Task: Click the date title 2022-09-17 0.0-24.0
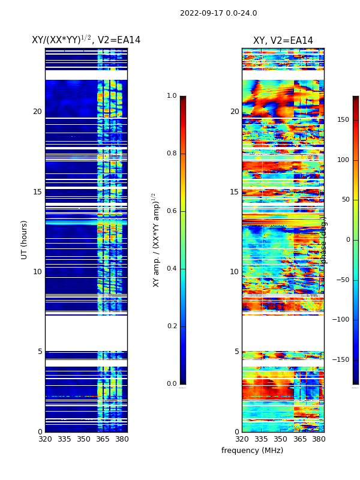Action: (218, 13)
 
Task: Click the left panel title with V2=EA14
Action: (86, 40)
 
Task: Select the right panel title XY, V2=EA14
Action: (283, 41)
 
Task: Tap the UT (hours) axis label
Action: (25, 239)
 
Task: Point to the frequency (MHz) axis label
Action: (252, 451)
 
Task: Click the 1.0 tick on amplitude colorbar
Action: (172, 96)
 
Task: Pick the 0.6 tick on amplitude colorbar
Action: (172, 211)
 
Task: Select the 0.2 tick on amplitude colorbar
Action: (172, 326)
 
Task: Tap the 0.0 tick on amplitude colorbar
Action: (172, 384)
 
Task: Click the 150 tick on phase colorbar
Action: (343, 120)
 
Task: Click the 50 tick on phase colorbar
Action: (344, 200)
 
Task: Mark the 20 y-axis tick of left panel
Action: (37, 112)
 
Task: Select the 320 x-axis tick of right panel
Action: (242, 439)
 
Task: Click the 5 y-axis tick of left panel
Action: (40, 352)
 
